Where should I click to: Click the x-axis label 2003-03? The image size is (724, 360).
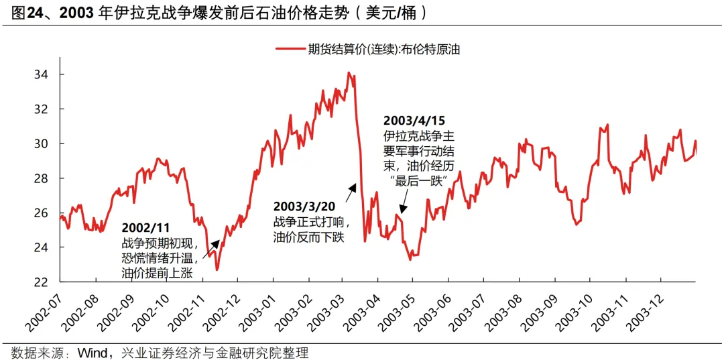327,310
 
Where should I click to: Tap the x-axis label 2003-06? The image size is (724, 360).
434,310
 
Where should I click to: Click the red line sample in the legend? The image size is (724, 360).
291,49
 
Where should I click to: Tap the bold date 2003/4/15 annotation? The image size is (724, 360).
414,121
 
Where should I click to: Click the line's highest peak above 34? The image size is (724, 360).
349,72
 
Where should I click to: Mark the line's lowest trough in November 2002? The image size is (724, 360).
217,269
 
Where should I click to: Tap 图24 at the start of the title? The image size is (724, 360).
21,12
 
